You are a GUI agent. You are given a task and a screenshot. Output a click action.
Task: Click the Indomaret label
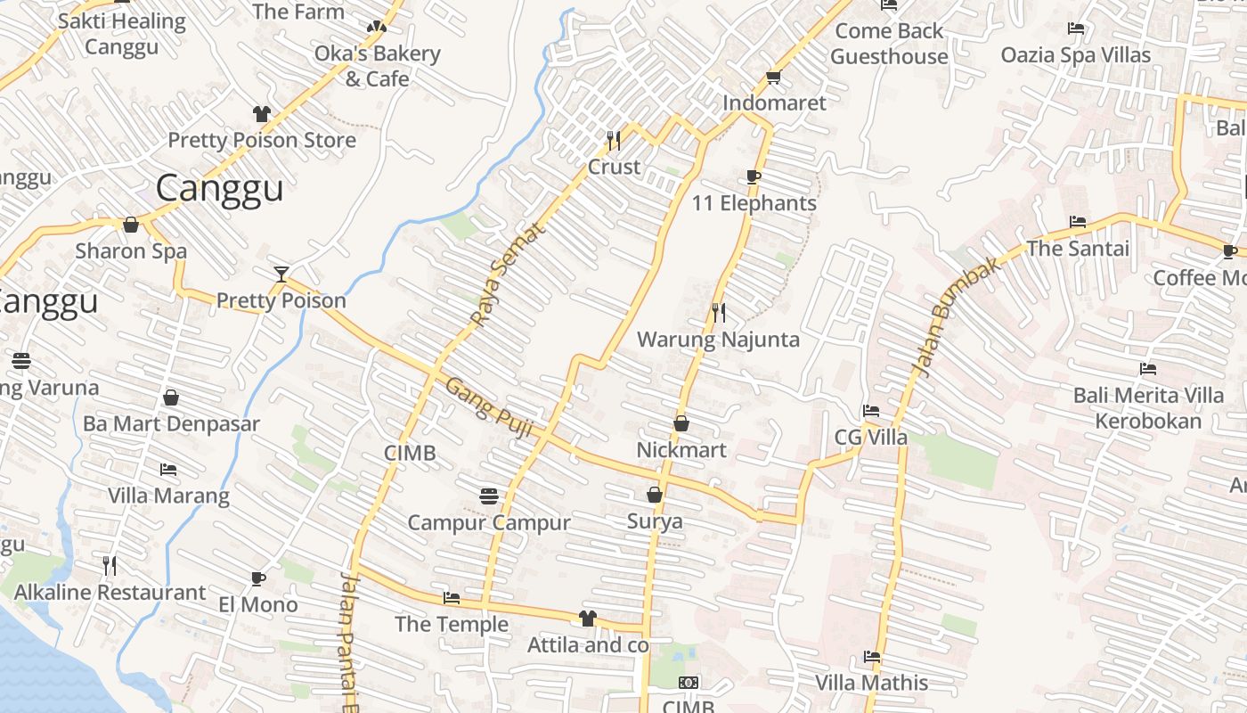point(774,102)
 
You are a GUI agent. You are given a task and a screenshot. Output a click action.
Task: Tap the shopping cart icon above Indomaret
point(773,78)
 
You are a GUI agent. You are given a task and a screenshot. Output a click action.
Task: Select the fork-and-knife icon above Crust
point(614,140)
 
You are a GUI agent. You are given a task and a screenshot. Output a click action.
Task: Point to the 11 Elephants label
point(754,203)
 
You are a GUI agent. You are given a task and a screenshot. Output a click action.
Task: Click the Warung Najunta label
point(718,340)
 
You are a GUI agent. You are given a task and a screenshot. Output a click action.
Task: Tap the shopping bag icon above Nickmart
point(681,423)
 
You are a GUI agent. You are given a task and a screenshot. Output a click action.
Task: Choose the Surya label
point(655,521)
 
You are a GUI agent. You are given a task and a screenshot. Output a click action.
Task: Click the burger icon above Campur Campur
point(488,496)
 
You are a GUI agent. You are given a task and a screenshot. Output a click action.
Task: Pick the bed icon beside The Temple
point(452,598)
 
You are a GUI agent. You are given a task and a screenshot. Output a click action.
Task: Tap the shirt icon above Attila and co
point(587,618)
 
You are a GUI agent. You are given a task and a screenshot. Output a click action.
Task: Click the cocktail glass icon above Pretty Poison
point(281,274)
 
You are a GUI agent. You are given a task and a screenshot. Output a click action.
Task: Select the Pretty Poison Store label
point(262,140)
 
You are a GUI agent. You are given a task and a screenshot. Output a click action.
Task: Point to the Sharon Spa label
point(131,250)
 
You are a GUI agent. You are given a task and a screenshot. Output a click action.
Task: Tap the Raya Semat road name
point(505,275)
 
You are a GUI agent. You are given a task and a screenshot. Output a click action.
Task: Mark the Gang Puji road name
point(488,408)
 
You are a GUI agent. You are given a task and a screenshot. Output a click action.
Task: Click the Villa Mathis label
point(872,684)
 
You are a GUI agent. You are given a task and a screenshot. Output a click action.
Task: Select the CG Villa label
point(871,437)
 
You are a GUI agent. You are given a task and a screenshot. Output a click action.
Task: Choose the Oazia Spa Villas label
point(1076,55)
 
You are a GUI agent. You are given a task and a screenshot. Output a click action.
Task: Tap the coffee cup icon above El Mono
point(258,578)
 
